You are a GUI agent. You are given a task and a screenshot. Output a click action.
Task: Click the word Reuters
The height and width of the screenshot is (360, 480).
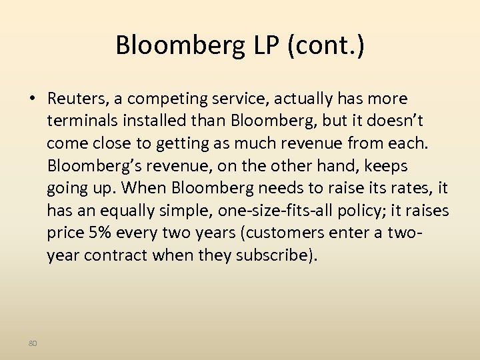tap(75, 99)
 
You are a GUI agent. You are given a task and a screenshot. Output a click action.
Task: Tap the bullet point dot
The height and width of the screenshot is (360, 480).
tap(32, 99)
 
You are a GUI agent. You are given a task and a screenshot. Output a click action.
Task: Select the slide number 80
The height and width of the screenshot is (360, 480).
tap(33, 343)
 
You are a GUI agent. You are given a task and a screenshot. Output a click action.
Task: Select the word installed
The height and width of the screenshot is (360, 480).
tap(149, 121)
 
